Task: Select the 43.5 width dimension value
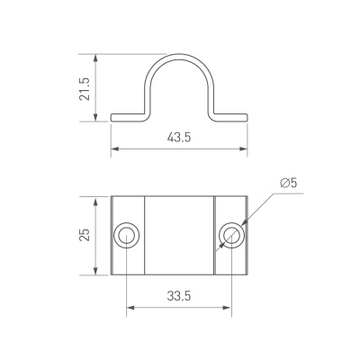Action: pos(180,138)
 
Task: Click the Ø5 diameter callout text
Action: pos(288,184)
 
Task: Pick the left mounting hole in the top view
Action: pos(125,237)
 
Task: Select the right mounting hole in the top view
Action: pos(231,237)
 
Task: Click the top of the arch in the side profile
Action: pos(179,57)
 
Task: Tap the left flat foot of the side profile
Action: pos(127,116)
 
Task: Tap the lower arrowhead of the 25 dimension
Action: pos(96,274)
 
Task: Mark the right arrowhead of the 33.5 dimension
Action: pos(229,308)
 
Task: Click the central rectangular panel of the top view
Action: pos(178,237)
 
